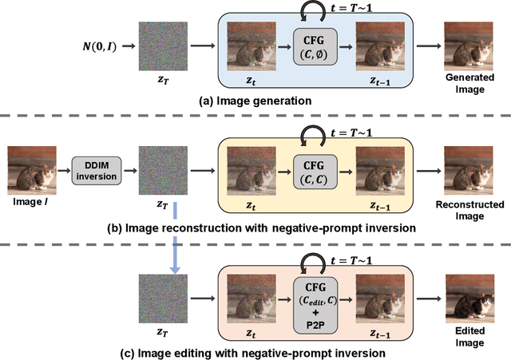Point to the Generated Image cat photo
[x=464, y=46]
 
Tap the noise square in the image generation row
[x=165, y=47]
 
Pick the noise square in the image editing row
[x=165, y=298]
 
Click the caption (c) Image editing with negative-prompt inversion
[x=256, y=351]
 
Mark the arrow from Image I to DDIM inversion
[x=64, y=169]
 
